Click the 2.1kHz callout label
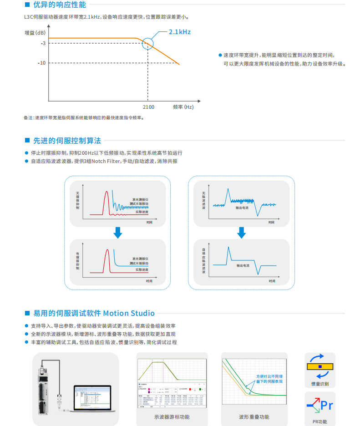point(179,32)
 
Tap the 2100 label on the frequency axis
point(148,107)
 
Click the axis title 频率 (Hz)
point(183,107)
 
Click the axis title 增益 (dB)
point(35,33)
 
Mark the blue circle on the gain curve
point(148,43)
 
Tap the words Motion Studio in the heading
point(129,313)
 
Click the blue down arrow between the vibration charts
point(117,233)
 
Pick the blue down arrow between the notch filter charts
point(242,233)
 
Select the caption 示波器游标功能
point(172,417)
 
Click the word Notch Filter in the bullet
point(106,161)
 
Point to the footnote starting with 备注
point(84,117)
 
